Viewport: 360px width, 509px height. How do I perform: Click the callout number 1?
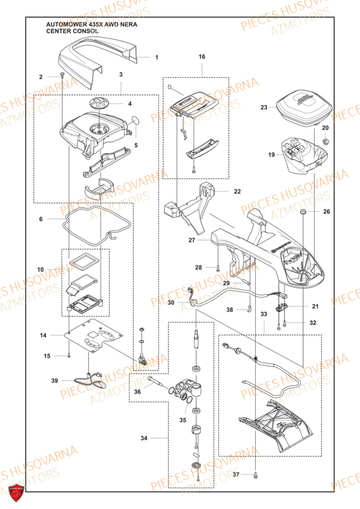pyautogui.click(x=157, y=58)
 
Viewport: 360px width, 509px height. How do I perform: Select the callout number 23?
pyautogui.click(x=263, y=107)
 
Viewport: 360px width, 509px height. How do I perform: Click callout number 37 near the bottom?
pyautogui.click(x=236, y=474)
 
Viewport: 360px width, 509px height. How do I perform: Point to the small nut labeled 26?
pyautogui.click(x=303, y=211)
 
